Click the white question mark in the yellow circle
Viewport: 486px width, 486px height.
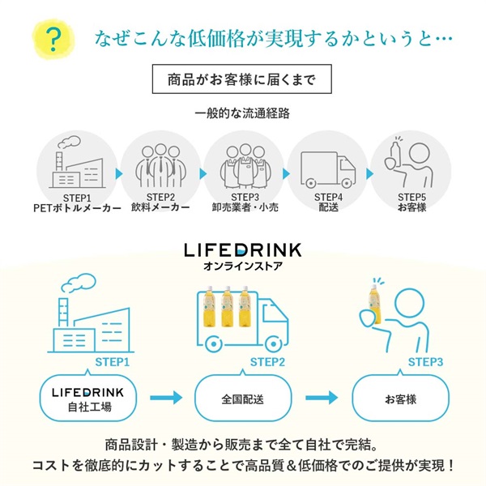pyautogui.click(x=53, y=37)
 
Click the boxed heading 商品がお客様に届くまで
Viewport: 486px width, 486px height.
pyautogui.click(x=243, y=80)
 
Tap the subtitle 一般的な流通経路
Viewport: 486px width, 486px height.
pyautogui.click(x=242, y=113)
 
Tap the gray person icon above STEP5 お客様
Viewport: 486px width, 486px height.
pyautogui.click(x=411, y=162)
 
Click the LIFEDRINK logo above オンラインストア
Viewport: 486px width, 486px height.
pyautogui.click(x=243, y=249)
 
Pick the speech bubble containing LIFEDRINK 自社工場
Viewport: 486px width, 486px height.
pyautogui.click(x=87, y=398)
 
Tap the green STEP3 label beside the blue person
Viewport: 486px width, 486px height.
pyautogui.click(x=425, y=361)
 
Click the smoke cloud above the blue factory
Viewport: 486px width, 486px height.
pyautogui.click(x=79, y=283)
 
